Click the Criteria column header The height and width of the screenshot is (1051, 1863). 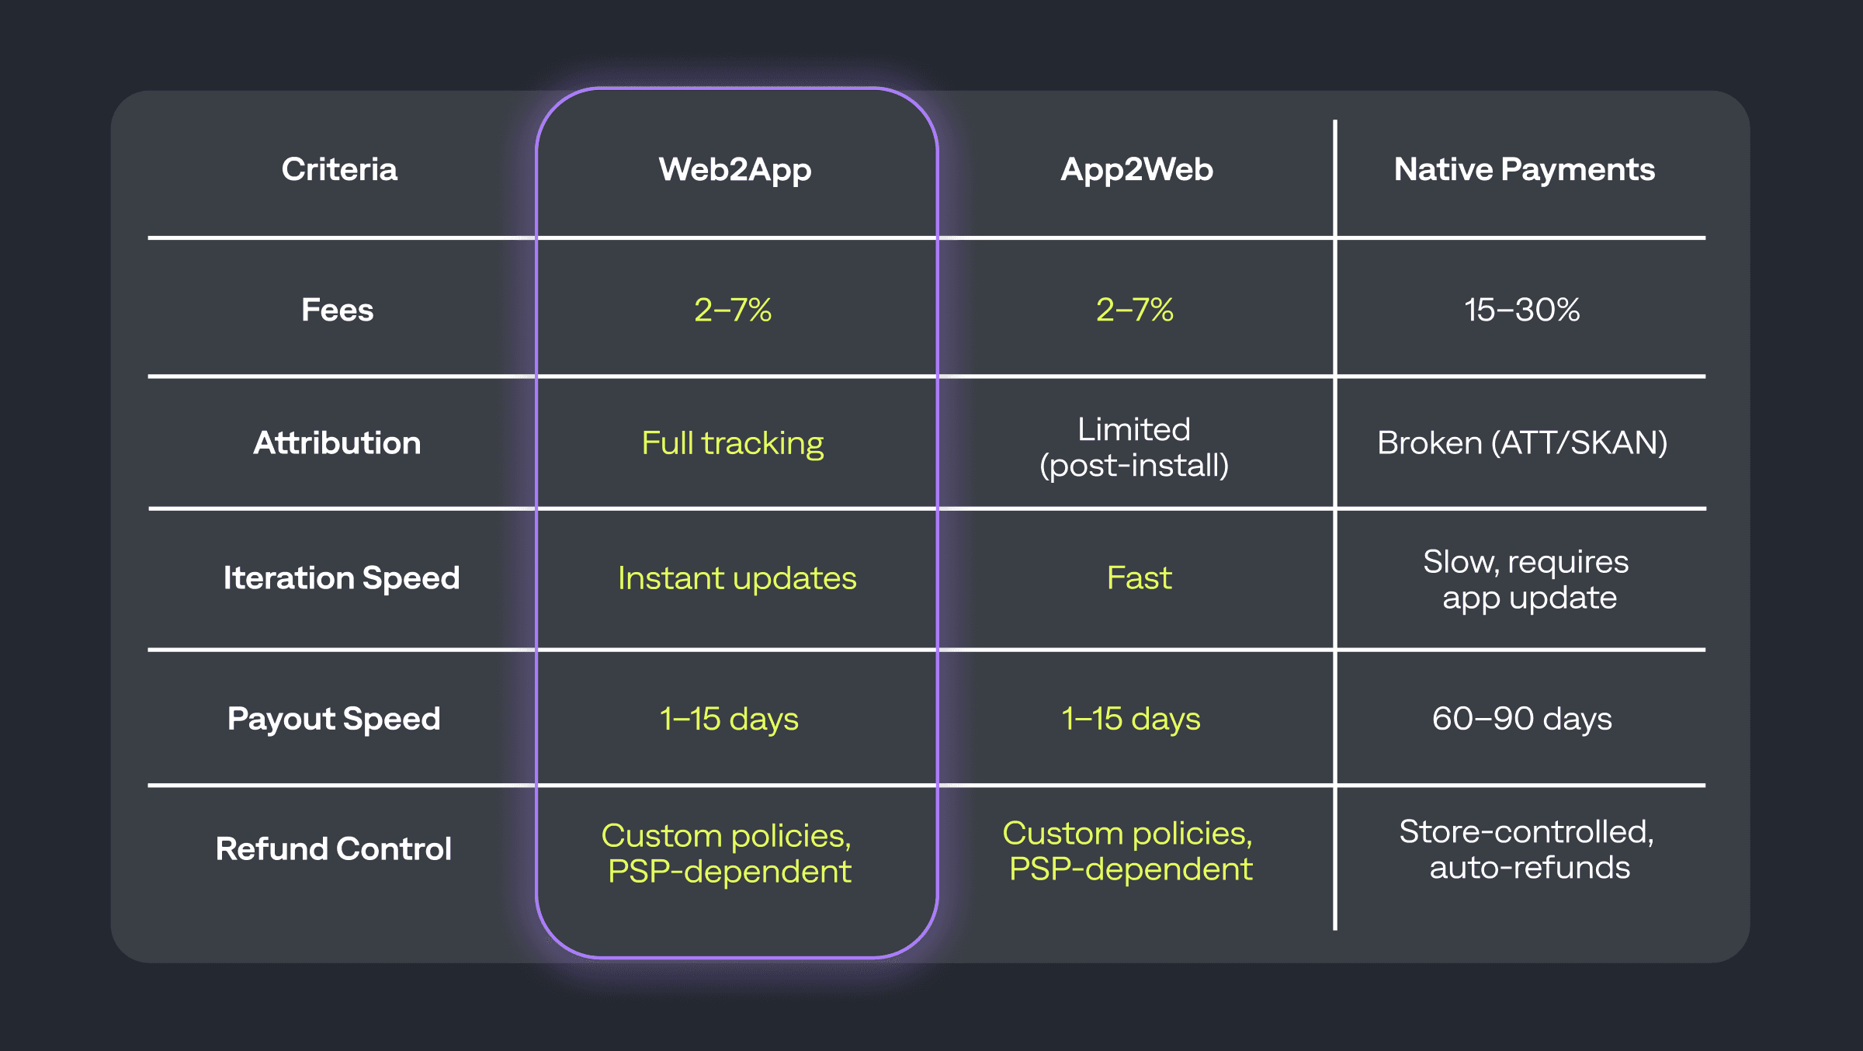click(339, 169)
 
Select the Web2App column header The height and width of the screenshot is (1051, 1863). click(735, 169)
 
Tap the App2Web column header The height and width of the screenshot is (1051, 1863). click(1136, 169)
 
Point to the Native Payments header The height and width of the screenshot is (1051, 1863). click(1524, 169)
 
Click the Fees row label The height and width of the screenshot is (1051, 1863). click(337, 310)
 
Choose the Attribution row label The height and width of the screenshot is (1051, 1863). click(337, 442)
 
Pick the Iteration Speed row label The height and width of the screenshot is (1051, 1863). click(342, 578)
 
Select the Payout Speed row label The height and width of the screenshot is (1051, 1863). click(334, 718)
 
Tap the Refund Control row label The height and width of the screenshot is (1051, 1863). click(334, 848)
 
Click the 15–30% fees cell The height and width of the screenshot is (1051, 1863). click(1521, 310)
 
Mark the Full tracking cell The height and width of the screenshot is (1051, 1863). click(733, 442)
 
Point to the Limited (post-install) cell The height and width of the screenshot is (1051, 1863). click(1134, 447)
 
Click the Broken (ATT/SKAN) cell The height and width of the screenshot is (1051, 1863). click(1522, 442)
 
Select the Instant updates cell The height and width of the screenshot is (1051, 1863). click(737, 578)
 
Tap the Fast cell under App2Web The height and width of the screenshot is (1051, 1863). click(1139, 578)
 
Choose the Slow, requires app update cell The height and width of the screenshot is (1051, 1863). click(1526, 579)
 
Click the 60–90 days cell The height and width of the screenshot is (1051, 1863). click(1521, 718)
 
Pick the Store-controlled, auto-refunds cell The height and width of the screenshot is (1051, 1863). click(1527, 849)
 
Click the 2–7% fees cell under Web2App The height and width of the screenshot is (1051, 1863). click(733, 310)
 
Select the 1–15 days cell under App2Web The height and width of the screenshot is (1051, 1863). click(1131, 718)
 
